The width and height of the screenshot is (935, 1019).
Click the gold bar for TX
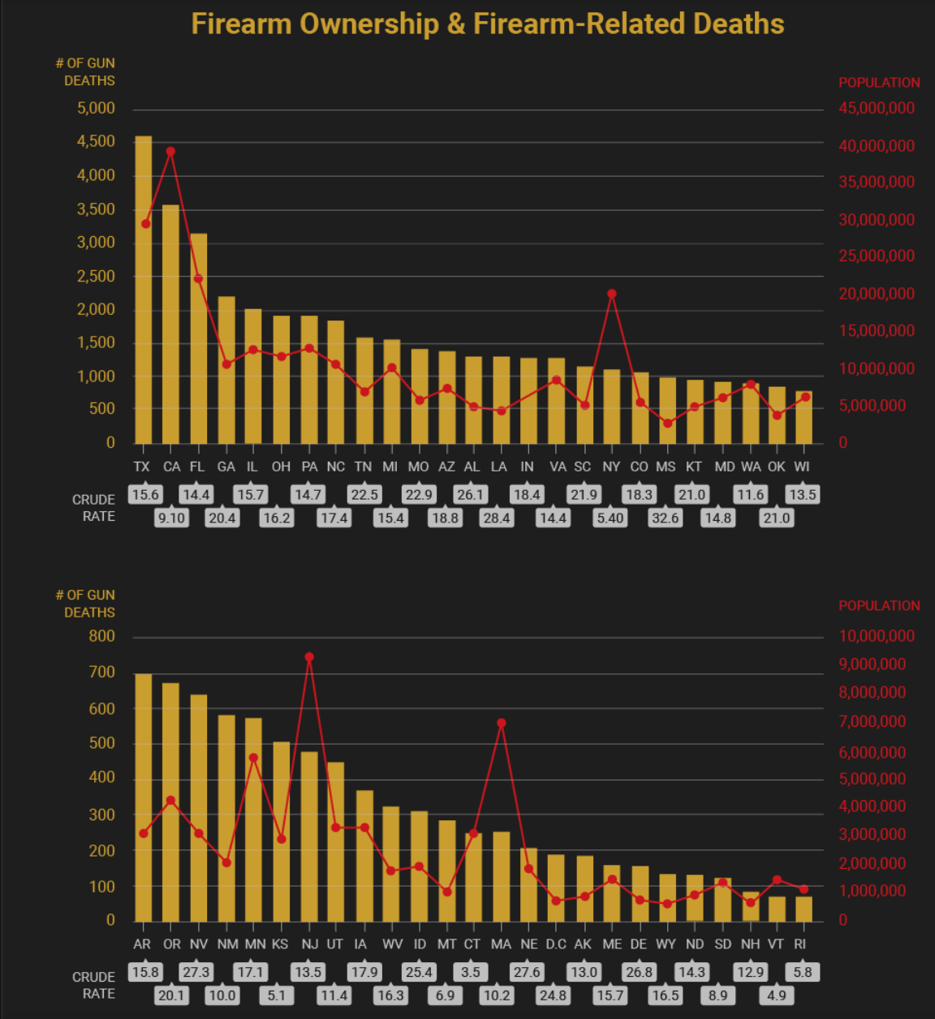[x=143, y=292]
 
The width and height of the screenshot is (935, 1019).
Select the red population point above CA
[x=170, y=152]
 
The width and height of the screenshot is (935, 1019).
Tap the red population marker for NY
[x=612, y=294]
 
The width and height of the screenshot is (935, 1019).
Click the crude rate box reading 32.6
[x=665, y=518]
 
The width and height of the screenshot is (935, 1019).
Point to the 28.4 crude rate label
[x=497, y=518]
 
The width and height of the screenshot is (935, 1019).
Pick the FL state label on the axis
[x=197, y=467]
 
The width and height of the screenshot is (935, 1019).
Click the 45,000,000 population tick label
[x=877, y=109]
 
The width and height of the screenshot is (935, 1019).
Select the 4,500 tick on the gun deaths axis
[x=96, y=142]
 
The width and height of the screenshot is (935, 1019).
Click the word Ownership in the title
[x=368, y=24]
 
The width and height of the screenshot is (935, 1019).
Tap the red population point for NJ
[x=309, y=657]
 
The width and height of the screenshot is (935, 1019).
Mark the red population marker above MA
[x=502, y=723]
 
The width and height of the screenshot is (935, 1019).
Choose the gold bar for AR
[x=143, y=799]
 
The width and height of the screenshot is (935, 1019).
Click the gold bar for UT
[x=336, y=844]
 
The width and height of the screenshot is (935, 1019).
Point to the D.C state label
[x=556, y=944]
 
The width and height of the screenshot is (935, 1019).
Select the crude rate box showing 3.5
[x=471, y=972]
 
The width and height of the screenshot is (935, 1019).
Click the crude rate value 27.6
[x=527, y=972]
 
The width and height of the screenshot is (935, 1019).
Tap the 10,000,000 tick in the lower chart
[x=877, y=637]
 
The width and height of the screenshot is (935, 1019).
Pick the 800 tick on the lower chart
[x=102, y=637]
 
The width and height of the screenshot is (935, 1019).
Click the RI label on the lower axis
[x=800, y=944]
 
